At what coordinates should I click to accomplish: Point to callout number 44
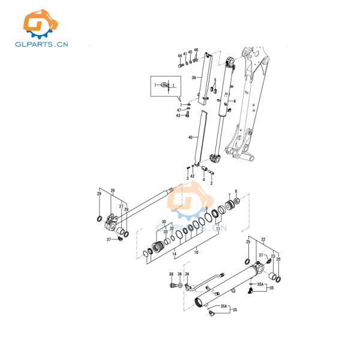[x=179, y=56]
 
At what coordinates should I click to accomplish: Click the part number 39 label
[x=194, y=78]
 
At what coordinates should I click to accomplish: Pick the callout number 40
[x=190, y=137]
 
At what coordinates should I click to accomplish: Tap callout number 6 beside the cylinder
[x=235, y=101]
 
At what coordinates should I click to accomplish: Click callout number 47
[x=179, y=110]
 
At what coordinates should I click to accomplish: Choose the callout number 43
[x=178, y=116]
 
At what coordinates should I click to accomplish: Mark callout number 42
[x=192, y=176]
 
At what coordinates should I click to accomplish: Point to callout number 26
[x=112, y=191]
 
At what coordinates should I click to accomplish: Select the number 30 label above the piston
[x=164, y=222]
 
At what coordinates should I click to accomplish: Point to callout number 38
[x=171, y=274]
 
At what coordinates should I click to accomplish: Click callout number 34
[x=187, y=274]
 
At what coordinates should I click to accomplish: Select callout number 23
[x=272, y=257]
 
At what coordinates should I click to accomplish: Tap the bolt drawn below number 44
[x=180, y=65]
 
